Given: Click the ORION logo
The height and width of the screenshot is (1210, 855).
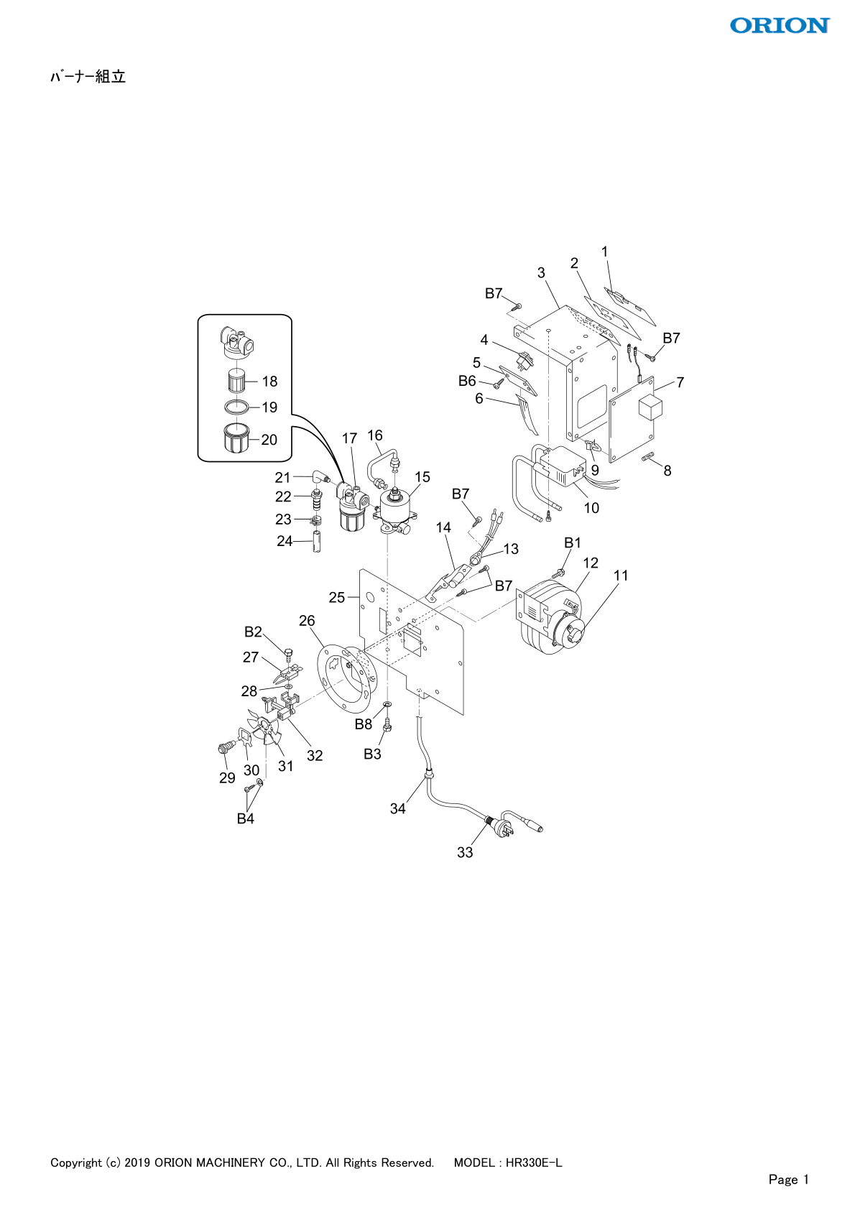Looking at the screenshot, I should coord(780,26).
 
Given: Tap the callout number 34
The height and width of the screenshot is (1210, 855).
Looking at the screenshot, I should coord(397,808).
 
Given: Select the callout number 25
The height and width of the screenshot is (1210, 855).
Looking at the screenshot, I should coord(337,597).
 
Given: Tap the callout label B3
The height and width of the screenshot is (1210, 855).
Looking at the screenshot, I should coord(372,754).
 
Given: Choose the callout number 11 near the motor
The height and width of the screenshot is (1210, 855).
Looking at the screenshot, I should coord(621,576).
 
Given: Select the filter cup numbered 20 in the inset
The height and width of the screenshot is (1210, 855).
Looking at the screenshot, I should coord(236,437).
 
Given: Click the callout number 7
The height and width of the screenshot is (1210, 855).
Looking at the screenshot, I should coord(680,382).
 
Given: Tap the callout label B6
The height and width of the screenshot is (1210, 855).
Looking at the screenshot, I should coord(467,381).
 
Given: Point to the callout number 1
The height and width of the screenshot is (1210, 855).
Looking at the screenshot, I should coord(604,251).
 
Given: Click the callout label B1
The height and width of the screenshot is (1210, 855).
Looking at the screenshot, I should coord(572,542).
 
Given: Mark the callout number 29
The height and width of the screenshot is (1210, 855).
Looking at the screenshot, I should coord(227,777).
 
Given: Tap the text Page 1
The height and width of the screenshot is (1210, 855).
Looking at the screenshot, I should coord(788,1179).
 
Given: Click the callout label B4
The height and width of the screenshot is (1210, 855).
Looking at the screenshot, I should coord(245,818).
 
